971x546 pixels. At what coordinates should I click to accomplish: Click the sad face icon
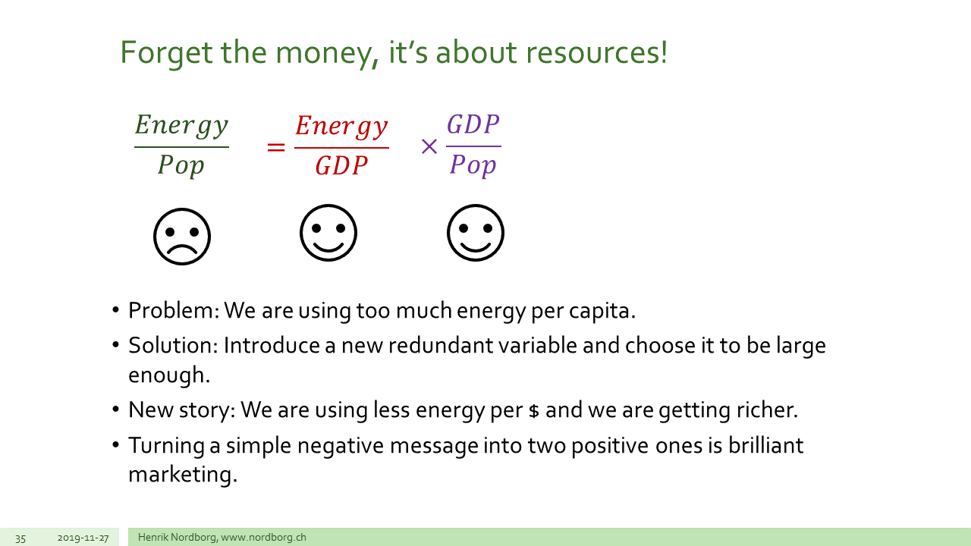pyautogui.click(x=182, y=237)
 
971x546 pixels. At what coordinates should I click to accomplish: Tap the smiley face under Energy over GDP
pyautogui.click(x=328, y=233)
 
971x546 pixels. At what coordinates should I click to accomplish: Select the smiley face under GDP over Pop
pyautogui.click(x=476, y=233)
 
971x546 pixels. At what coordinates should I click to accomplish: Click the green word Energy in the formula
pyautogui.click(x=181, y=126)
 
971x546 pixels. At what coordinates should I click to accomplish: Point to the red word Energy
pyautogui.click(x=341, y=127)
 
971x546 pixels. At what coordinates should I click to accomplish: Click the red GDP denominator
pyautogui.click(x=341, y=165)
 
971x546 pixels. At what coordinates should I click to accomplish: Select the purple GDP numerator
pyautogui.click(x=473, y=124)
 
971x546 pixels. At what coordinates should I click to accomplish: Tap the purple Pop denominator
pyautogui.click(x=473, y=165)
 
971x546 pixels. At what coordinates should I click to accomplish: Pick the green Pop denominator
pyautogui.click(x=181, y=165)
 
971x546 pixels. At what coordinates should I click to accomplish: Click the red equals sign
pyautogui.click(x=276, y=147)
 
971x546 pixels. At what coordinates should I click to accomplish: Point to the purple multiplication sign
pyautogui.click(x=429, y=146)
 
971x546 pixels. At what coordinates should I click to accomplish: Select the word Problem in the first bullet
pyautogui.click(x=174, y=310)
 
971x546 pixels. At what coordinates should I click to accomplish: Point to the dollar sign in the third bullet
pyautogui.click(x=534, y=410)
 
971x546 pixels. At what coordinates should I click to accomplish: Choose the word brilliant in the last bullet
pyautogui.click(x=765, y=445)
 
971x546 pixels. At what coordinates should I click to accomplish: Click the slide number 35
pyautogui.click(x=20, y=538)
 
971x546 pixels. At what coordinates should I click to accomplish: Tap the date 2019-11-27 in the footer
pyautogui.click(x=83, y=538)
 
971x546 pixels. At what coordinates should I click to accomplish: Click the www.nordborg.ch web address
pyautogui.click(x=263, y=538)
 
